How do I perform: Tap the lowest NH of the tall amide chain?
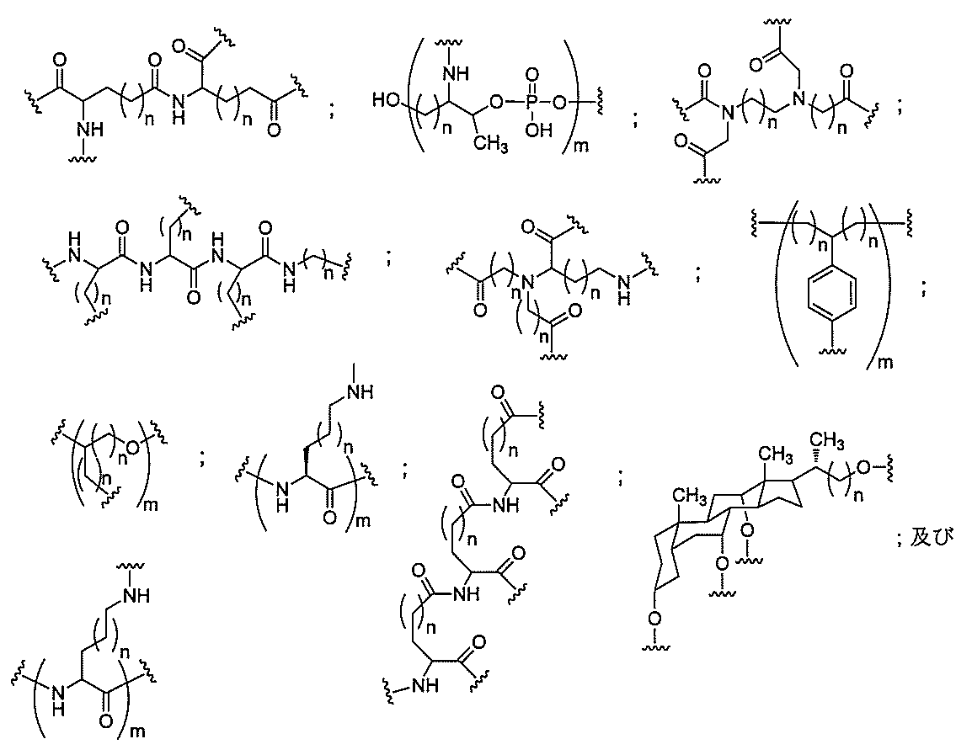coord(424,683)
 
